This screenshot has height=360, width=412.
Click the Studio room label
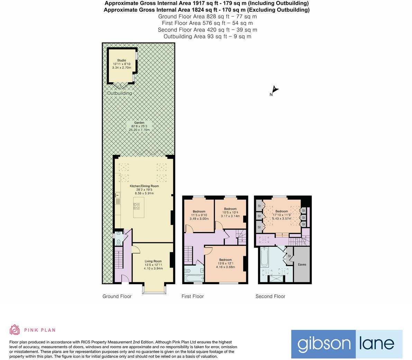tap(121, 64)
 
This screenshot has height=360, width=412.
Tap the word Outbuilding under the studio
tap(119, 93)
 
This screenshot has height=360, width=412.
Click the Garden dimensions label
tap(139, 126)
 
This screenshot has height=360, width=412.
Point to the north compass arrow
tap(275, 90)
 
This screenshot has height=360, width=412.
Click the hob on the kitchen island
tap(137, 206)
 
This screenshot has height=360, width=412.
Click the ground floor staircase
tap(119, 259)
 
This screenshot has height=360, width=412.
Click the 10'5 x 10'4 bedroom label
tap(230, 212)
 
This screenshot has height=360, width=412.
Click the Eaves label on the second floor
tap(302, 265)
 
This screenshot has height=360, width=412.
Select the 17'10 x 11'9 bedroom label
tap(282, 215)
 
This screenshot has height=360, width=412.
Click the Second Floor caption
tap(270, 296)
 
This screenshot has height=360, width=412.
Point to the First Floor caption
tap(193, 296)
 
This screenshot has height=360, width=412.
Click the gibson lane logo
tap(347, 344)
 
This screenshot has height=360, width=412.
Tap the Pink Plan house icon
tap(15, 330)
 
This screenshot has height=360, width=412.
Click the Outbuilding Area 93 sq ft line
tap(207, 36)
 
